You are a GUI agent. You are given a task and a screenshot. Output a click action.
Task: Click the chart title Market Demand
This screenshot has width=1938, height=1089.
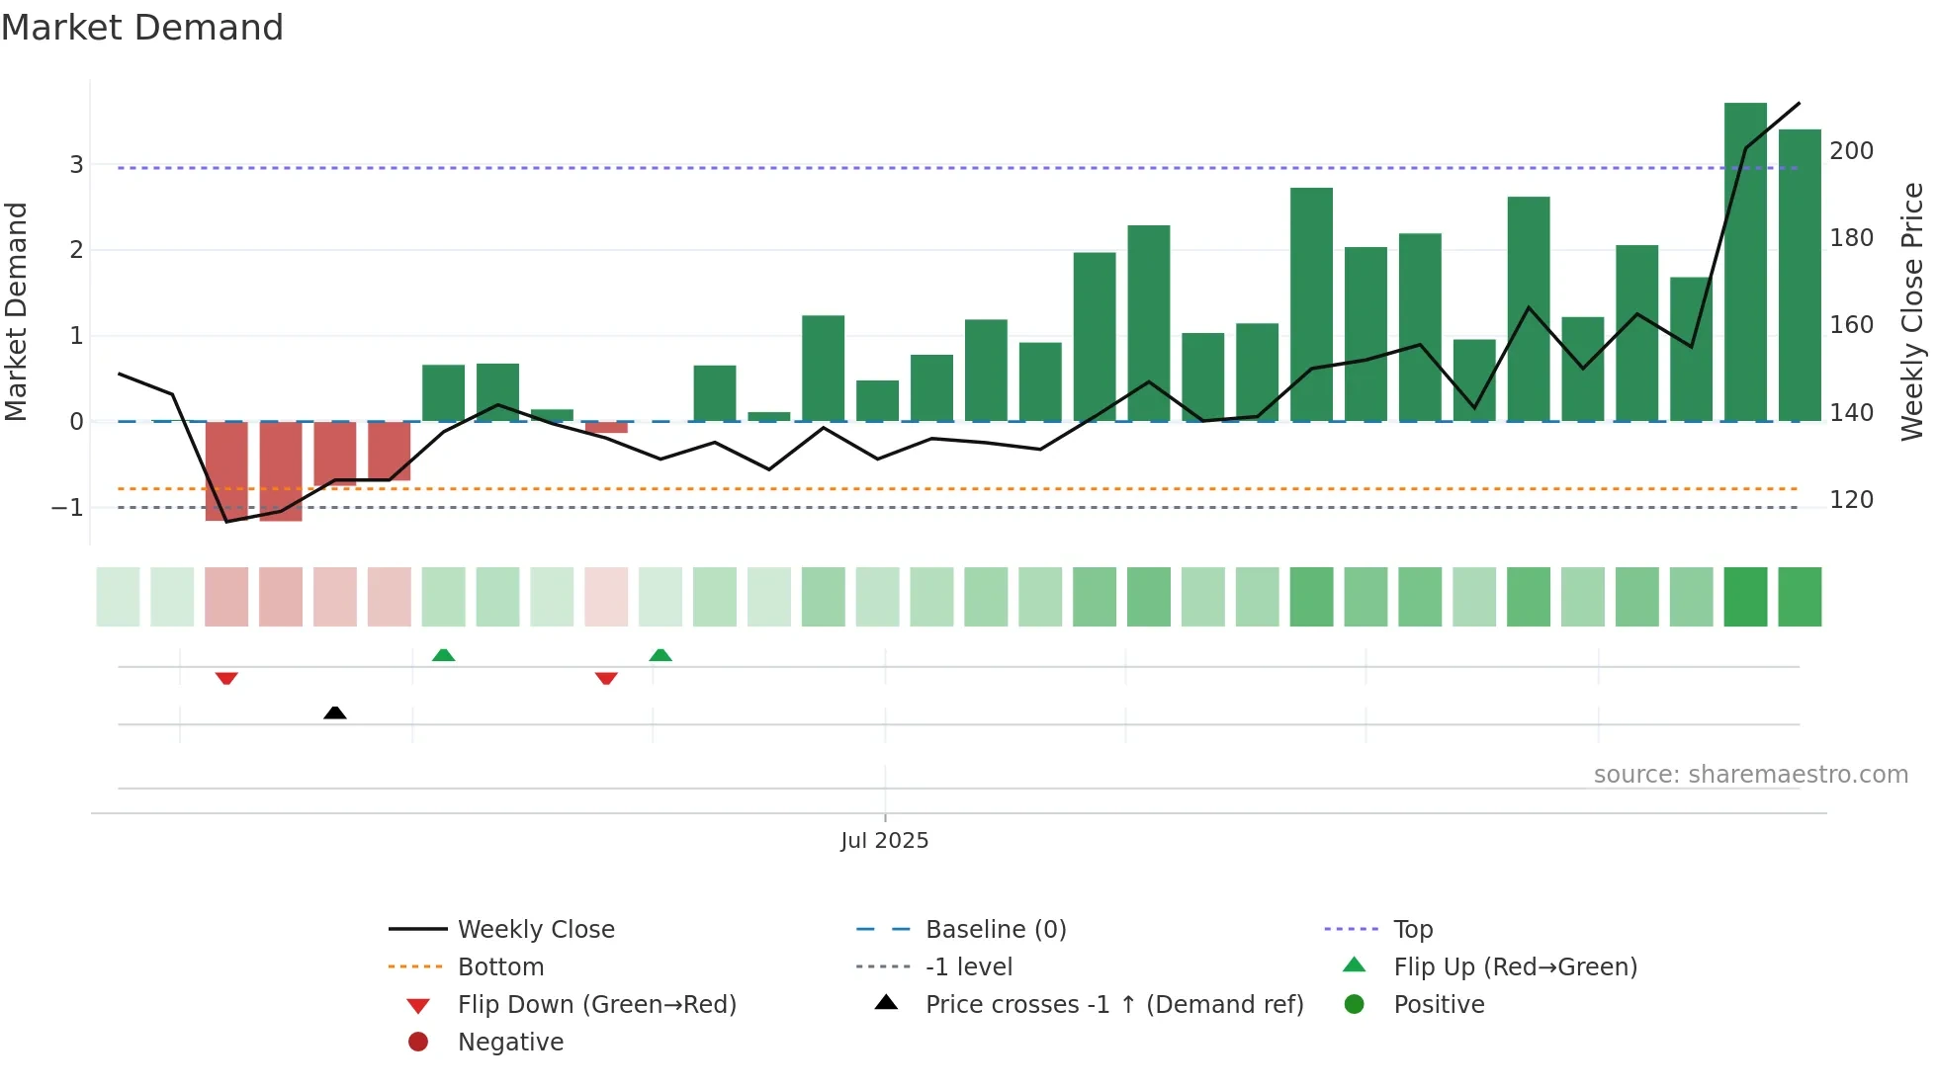point(142,28)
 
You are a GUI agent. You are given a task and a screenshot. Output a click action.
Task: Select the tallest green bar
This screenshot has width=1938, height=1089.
point(1745,262)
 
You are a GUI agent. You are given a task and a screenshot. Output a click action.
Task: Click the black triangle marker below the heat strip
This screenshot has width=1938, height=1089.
point(335,712)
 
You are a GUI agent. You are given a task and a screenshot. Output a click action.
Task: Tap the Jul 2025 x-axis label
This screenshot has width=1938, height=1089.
point(884,841)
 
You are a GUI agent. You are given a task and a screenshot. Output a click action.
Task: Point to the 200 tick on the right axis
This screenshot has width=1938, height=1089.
point(1851,151)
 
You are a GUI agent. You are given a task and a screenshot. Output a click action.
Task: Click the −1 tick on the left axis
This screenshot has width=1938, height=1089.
point(67,508)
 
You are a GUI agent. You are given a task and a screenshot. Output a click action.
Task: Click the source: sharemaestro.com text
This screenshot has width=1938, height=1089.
point(1750,775)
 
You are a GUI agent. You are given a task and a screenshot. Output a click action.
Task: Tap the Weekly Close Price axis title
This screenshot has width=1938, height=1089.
point(1912,311)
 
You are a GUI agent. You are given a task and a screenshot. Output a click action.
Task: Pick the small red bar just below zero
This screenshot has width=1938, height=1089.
point(606,428)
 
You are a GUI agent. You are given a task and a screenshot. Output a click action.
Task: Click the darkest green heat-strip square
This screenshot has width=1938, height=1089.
point(1745,597)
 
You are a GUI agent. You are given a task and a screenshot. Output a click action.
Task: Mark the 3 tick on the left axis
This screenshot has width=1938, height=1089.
point(76,165)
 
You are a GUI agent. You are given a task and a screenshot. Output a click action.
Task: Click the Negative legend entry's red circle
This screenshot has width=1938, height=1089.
point(418,1043)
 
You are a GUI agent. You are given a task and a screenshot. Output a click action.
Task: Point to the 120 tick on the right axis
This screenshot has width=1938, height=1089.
point(1851,500)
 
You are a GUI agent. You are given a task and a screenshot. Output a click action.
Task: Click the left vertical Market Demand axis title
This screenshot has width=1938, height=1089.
point(16,311)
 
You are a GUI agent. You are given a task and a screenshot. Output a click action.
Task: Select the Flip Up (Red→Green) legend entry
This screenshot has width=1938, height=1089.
point(1515,967)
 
